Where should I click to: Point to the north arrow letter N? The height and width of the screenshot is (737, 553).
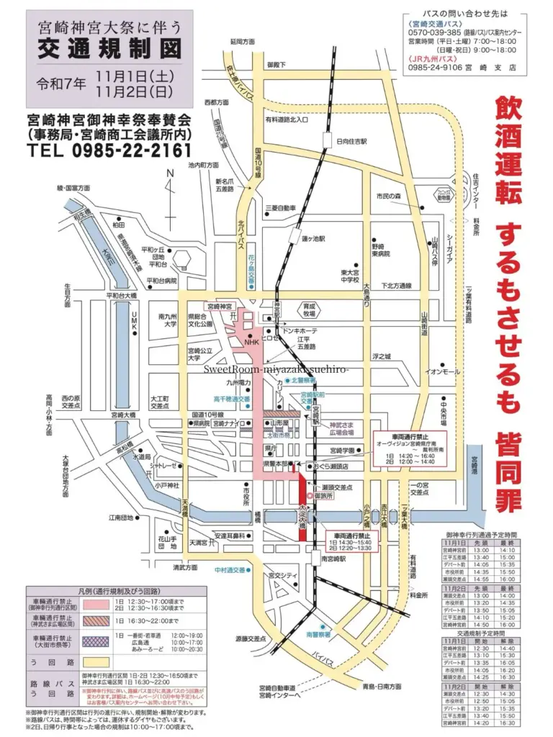coord(170,173)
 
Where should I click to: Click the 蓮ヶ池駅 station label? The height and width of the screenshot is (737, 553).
coord(314,238)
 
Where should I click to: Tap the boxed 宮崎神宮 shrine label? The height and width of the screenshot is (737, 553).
coord(223,306)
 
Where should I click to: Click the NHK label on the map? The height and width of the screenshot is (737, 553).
coord(251,343)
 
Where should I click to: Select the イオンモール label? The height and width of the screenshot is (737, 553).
coord(442,371)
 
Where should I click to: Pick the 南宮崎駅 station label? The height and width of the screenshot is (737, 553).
coord(334,558)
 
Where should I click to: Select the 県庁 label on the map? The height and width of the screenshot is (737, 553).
coord(271,447)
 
